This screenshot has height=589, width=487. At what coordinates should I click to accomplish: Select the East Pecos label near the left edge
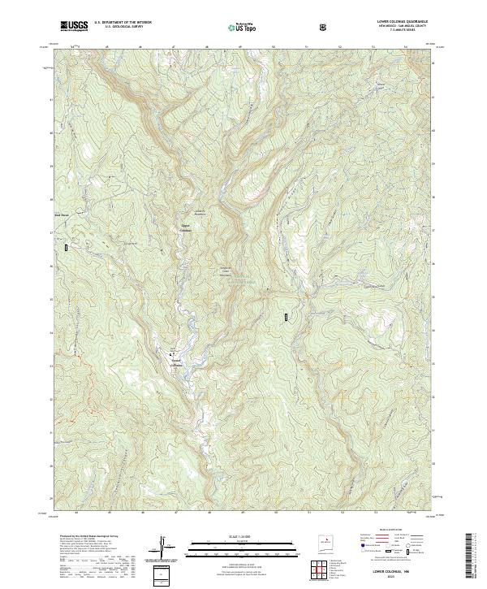pos(62,216)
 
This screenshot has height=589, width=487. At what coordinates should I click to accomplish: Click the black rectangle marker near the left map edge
pos(66,248)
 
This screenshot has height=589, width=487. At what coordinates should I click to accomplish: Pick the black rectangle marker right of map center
pos(287,316)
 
